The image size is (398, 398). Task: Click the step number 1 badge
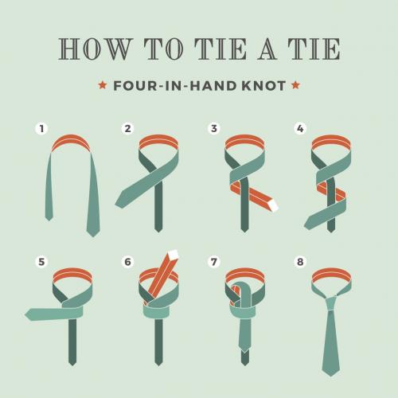coord(41,129)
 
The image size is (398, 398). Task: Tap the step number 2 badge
coord(127,129)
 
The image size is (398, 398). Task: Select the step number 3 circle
coord(214,129)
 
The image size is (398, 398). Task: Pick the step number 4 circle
coord(300,129)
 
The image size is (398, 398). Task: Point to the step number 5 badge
coord(41,262)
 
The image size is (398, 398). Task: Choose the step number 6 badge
coord(127,262)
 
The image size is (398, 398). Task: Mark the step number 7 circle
coord(214,262)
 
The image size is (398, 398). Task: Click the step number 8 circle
coord(300,262)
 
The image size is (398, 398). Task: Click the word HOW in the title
coord(96,49)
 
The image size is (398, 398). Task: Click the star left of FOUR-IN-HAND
coord(103,85)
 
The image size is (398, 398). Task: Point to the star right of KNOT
coord(295,85)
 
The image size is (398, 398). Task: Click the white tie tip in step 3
coord(272,205)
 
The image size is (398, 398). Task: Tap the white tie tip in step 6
coord(173,254)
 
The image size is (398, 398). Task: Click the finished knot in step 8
coord(331,304)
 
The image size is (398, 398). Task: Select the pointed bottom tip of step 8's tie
coord(331,376)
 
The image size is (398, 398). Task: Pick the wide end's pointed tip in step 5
coord(25,315)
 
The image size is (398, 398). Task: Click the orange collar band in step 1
coord(71,142)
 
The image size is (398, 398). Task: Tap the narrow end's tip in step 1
coord(49,220)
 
